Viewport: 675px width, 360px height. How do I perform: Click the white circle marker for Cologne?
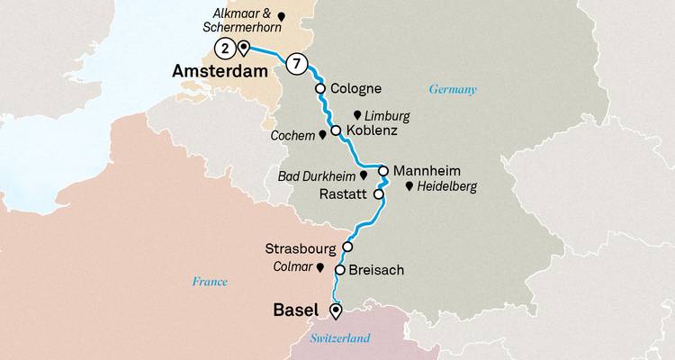pos(319,89)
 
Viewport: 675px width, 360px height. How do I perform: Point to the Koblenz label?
pos(368,131)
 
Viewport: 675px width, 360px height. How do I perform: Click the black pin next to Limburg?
pos(358,116)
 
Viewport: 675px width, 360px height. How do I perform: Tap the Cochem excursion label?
pos(292,135)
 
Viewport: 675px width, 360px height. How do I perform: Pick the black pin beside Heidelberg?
pos(409,186)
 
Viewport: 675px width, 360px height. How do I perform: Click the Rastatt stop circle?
pos(378,193)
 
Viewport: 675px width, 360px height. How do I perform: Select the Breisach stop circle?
pos(339,269)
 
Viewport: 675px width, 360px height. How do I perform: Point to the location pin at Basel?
pos(336,311)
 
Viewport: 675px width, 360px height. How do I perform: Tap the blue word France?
pos(210,282)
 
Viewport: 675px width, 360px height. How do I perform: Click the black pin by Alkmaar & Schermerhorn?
pos(281,15)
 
